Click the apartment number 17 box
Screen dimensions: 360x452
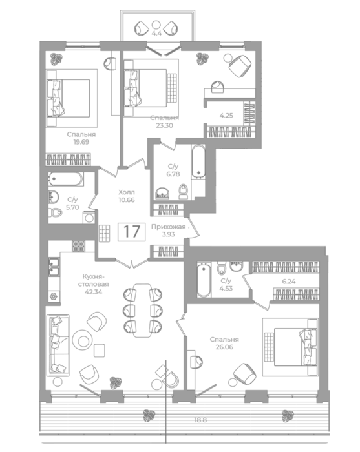pyautogui.click(x=132, y=231)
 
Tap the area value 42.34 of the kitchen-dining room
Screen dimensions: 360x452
pyautogui.click(x=94, y=292)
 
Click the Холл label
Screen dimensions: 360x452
pyautogui.click(x=127, y=192)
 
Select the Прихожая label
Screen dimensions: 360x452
pyautogui.click(x=169, y=227)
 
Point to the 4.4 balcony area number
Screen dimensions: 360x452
pyautogui.click(x=156, y=33)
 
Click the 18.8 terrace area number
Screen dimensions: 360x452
pyautogui.click(x=200, y=420)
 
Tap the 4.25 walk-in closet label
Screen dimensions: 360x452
pyautogui.click(x=226, y=116)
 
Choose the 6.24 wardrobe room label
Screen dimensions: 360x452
pyautogui.click(x=289, y=282)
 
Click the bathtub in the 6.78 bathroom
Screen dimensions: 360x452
pyautogui.click(x=198, y=161)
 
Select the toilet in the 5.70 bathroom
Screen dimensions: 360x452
pyautogui.click(x=56, y=212)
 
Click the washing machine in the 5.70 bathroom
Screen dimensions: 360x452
pyautogui.click(x=89, y=218)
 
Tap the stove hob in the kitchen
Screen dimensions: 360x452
pyautogui.click(x=78, y=247)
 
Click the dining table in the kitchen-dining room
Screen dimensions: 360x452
pyautogui.click(x=142, y=311)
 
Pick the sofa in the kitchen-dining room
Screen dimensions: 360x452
pyautogui.click(x=58, y=345)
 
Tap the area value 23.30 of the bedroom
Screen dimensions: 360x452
pyautogui.click(x=165, y=125)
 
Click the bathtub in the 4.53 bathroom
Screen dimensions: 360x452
pyautogui.click(x=204, y=280)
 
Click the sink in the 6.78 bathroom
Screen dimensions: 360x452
pyautogui.click(x=163, y=193)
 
